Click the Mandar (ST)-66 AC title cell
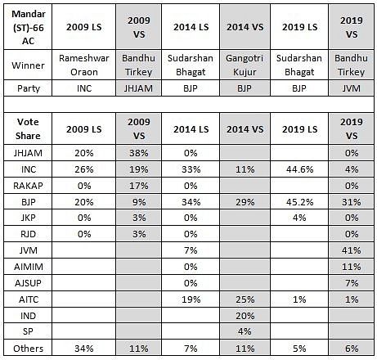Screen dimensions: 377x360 coord(28,27)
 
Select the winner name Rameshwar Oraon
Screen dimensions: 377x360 coord(84,65)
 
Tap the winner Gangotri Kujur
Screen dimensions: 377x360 coord(245,65)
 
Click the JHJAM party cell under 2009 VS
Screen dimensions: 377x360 coord(138,88)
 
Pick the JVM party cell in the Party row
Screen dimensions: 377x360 coord(351,88)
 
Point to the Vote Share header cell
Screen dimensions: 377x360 coord(28,128)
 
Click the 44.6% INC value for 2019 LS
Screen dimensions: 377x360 coord(299,169)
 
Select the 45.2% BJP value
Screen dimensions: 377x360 coord(299,202)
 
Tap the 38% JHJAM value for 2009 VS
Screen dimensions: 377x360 coord(139,153)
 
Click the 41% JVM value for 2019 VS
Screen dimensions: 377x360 coord(352,250)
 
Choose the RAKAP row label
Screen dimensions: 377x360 coord(28,186)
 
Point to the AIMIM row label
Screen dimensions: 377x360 coord(29,267)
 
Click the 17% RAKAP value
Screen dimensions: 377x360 coord(139,186)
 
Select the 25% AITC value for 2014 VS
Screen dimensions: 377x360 coord(245,299)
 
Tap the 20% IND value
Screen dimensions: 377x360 coord(245,316)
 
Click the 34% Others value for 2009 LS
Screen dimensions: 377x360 coord(84,349)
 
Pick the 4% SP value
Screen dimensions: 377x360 coord(245,331)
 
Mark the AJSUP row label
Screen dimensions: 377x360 coord(28,283)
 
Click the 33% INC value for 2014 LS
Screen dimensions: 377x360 coord(191,169)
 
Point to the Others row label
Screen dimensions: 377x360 coord(29,349)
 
